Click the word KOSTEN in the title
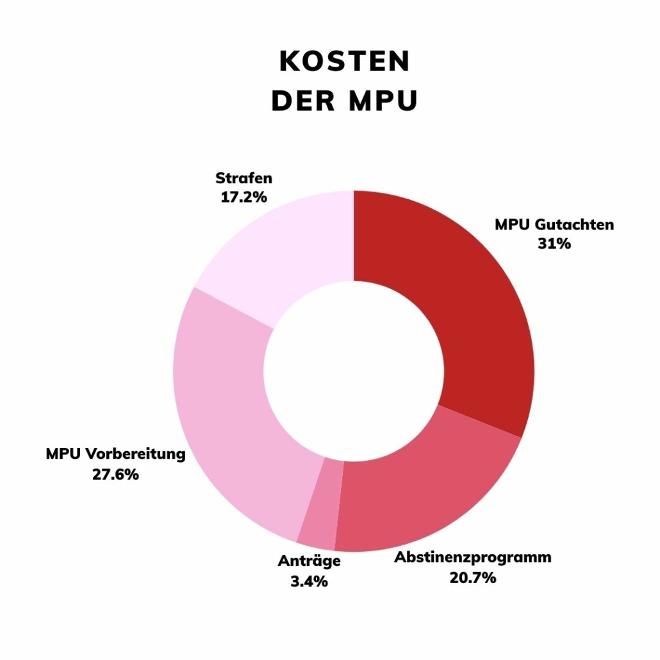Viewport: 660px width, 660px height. [x=344, y=62]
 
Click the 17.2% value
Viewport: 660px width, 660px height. [x=243, y=197]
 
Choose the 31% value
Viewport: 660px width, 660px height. [x=554, y=243]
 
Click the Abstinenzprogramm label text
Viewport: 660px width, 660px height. [x=472, y=557]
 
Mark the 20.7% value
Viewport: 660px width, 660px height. [x=473, y=577]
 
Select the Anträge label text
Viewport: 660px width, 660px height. [x=309, y=561]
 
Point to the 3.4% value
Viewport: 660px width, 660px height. [x=309, y=581]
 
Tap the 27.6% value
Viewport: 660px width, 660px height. [x=115, y=475]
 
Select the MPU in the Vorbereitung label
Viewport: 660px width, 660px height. [x=63, y=454]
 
